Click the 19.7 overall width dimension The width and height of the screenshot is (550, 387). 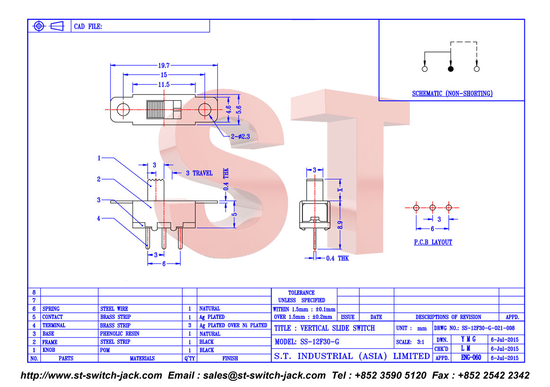164,66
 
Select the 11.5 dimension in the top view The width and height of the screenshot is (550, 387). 164,85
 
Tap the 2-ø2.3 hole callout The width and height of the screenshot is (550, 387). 240,136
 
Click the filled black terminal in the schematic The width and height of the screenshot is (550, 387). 451,69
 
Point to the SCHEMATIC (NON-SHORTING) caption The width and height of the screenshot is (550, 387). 452,94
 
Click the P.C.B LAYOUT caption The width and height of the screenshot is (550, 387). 433,242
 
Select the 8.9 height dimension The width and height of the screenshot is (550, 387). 340,225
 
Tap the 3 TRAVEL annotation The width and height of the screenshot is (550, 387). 199,173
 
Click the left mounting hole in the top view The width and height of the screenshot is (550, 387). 123,109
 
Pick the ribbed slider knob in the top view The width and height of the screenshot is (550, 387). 155,110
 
